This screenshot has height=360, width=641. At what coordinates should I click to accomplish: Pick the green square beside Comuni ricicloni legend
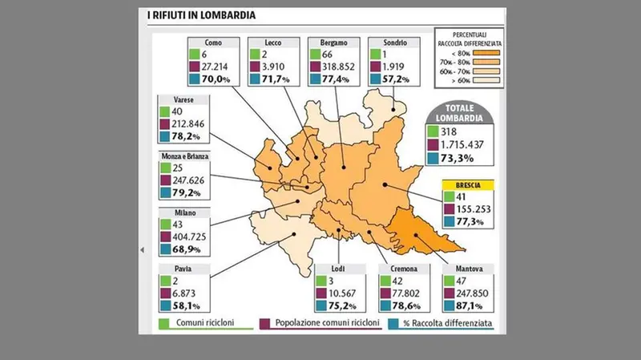[x=162, y=324]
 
